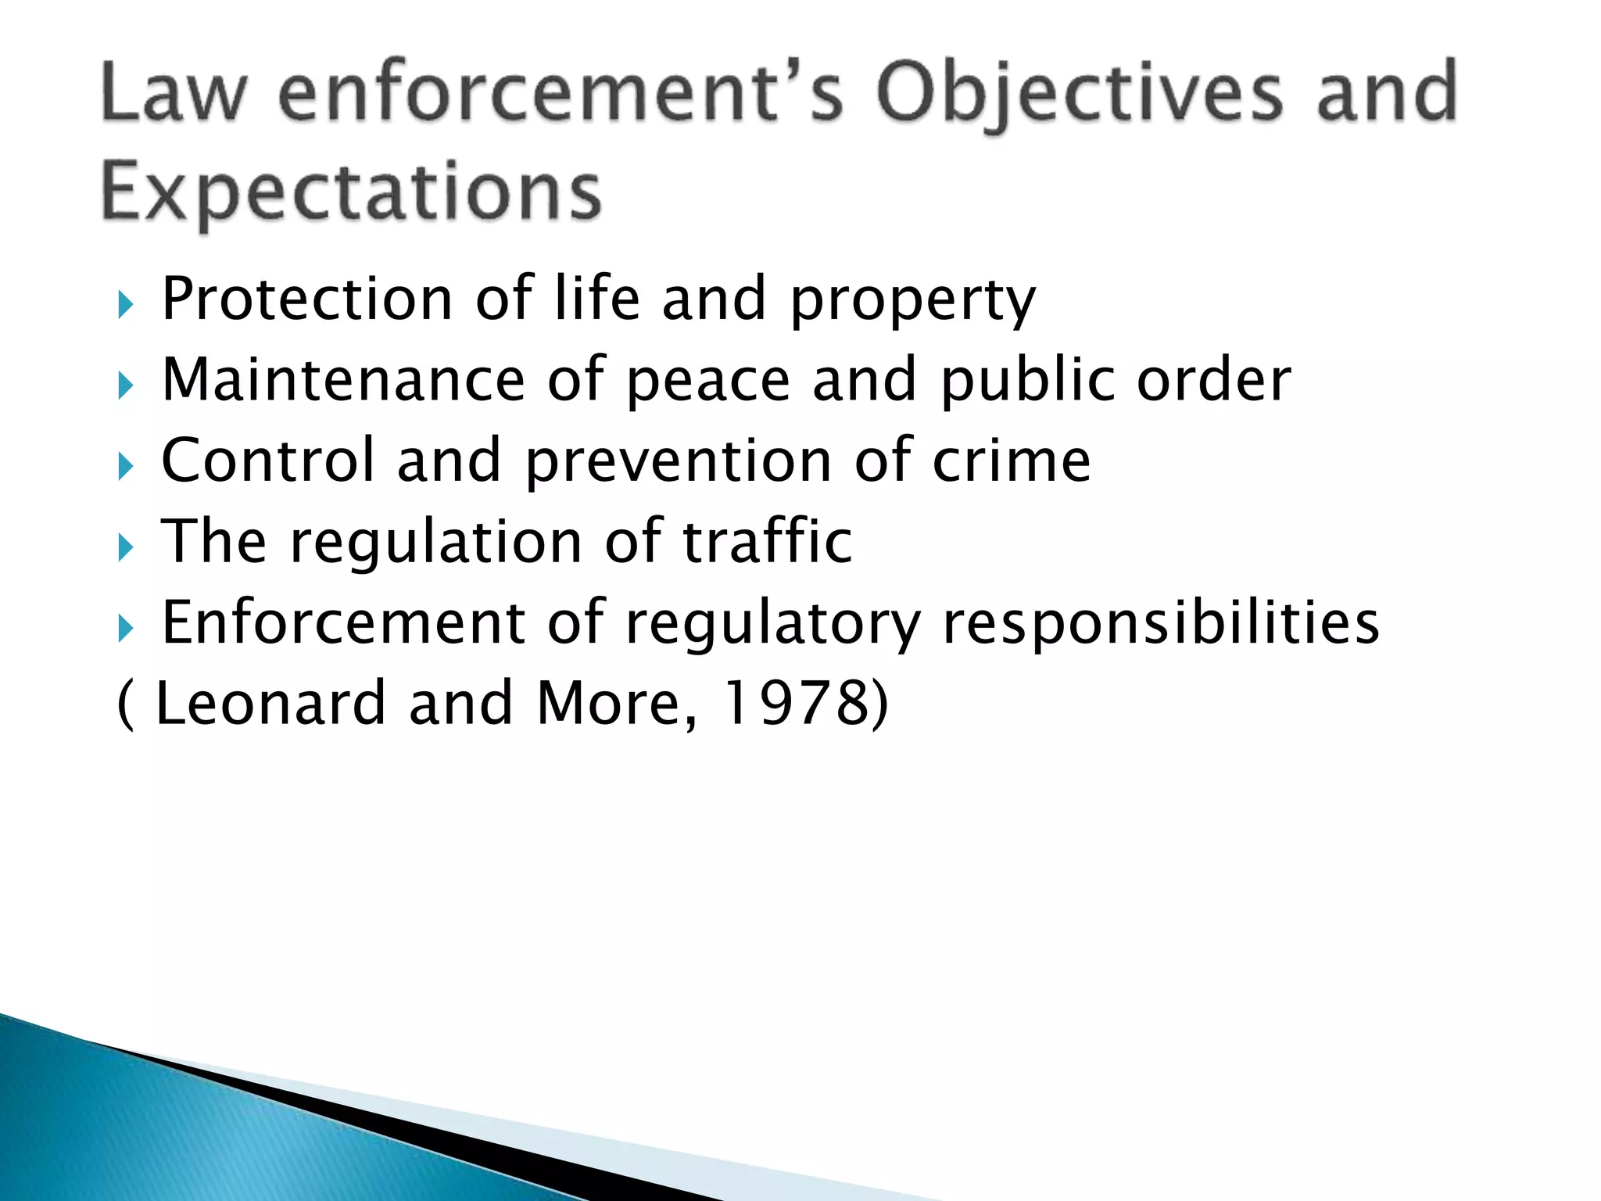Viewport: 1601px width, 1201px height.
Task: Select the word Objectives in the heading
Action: (1080, 95)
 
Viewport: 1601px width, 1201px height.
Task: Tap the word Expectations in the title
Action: (351, 192)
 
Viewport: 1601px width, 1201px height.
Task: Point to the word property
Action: (912, 303)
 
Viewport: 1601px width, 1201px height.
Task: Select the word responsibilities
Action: (1161, 624)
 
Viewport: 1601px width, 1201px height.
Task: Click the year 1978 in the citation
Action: (793, 703)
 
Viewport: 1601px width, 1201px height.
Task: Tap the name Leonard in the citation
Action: (270, 703)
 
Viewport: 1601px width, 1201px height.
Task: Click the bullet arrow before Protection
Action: (126, 305)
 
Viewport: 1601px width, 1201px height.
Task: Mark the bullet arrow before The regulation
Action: (126, 547)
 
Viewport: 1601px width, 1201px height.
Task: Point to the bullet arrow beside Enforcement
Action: (126, 628)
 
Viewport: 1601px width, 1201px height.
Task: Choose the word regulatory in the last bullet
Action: (773, 626)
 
